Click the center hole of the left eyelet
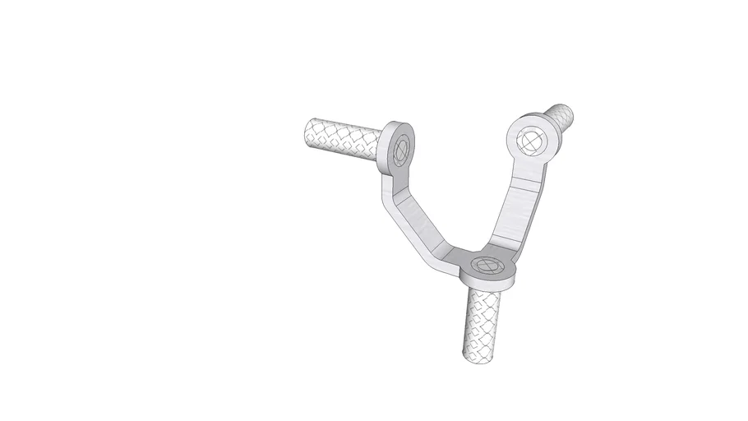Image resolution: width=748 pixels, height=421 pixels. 402,150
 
